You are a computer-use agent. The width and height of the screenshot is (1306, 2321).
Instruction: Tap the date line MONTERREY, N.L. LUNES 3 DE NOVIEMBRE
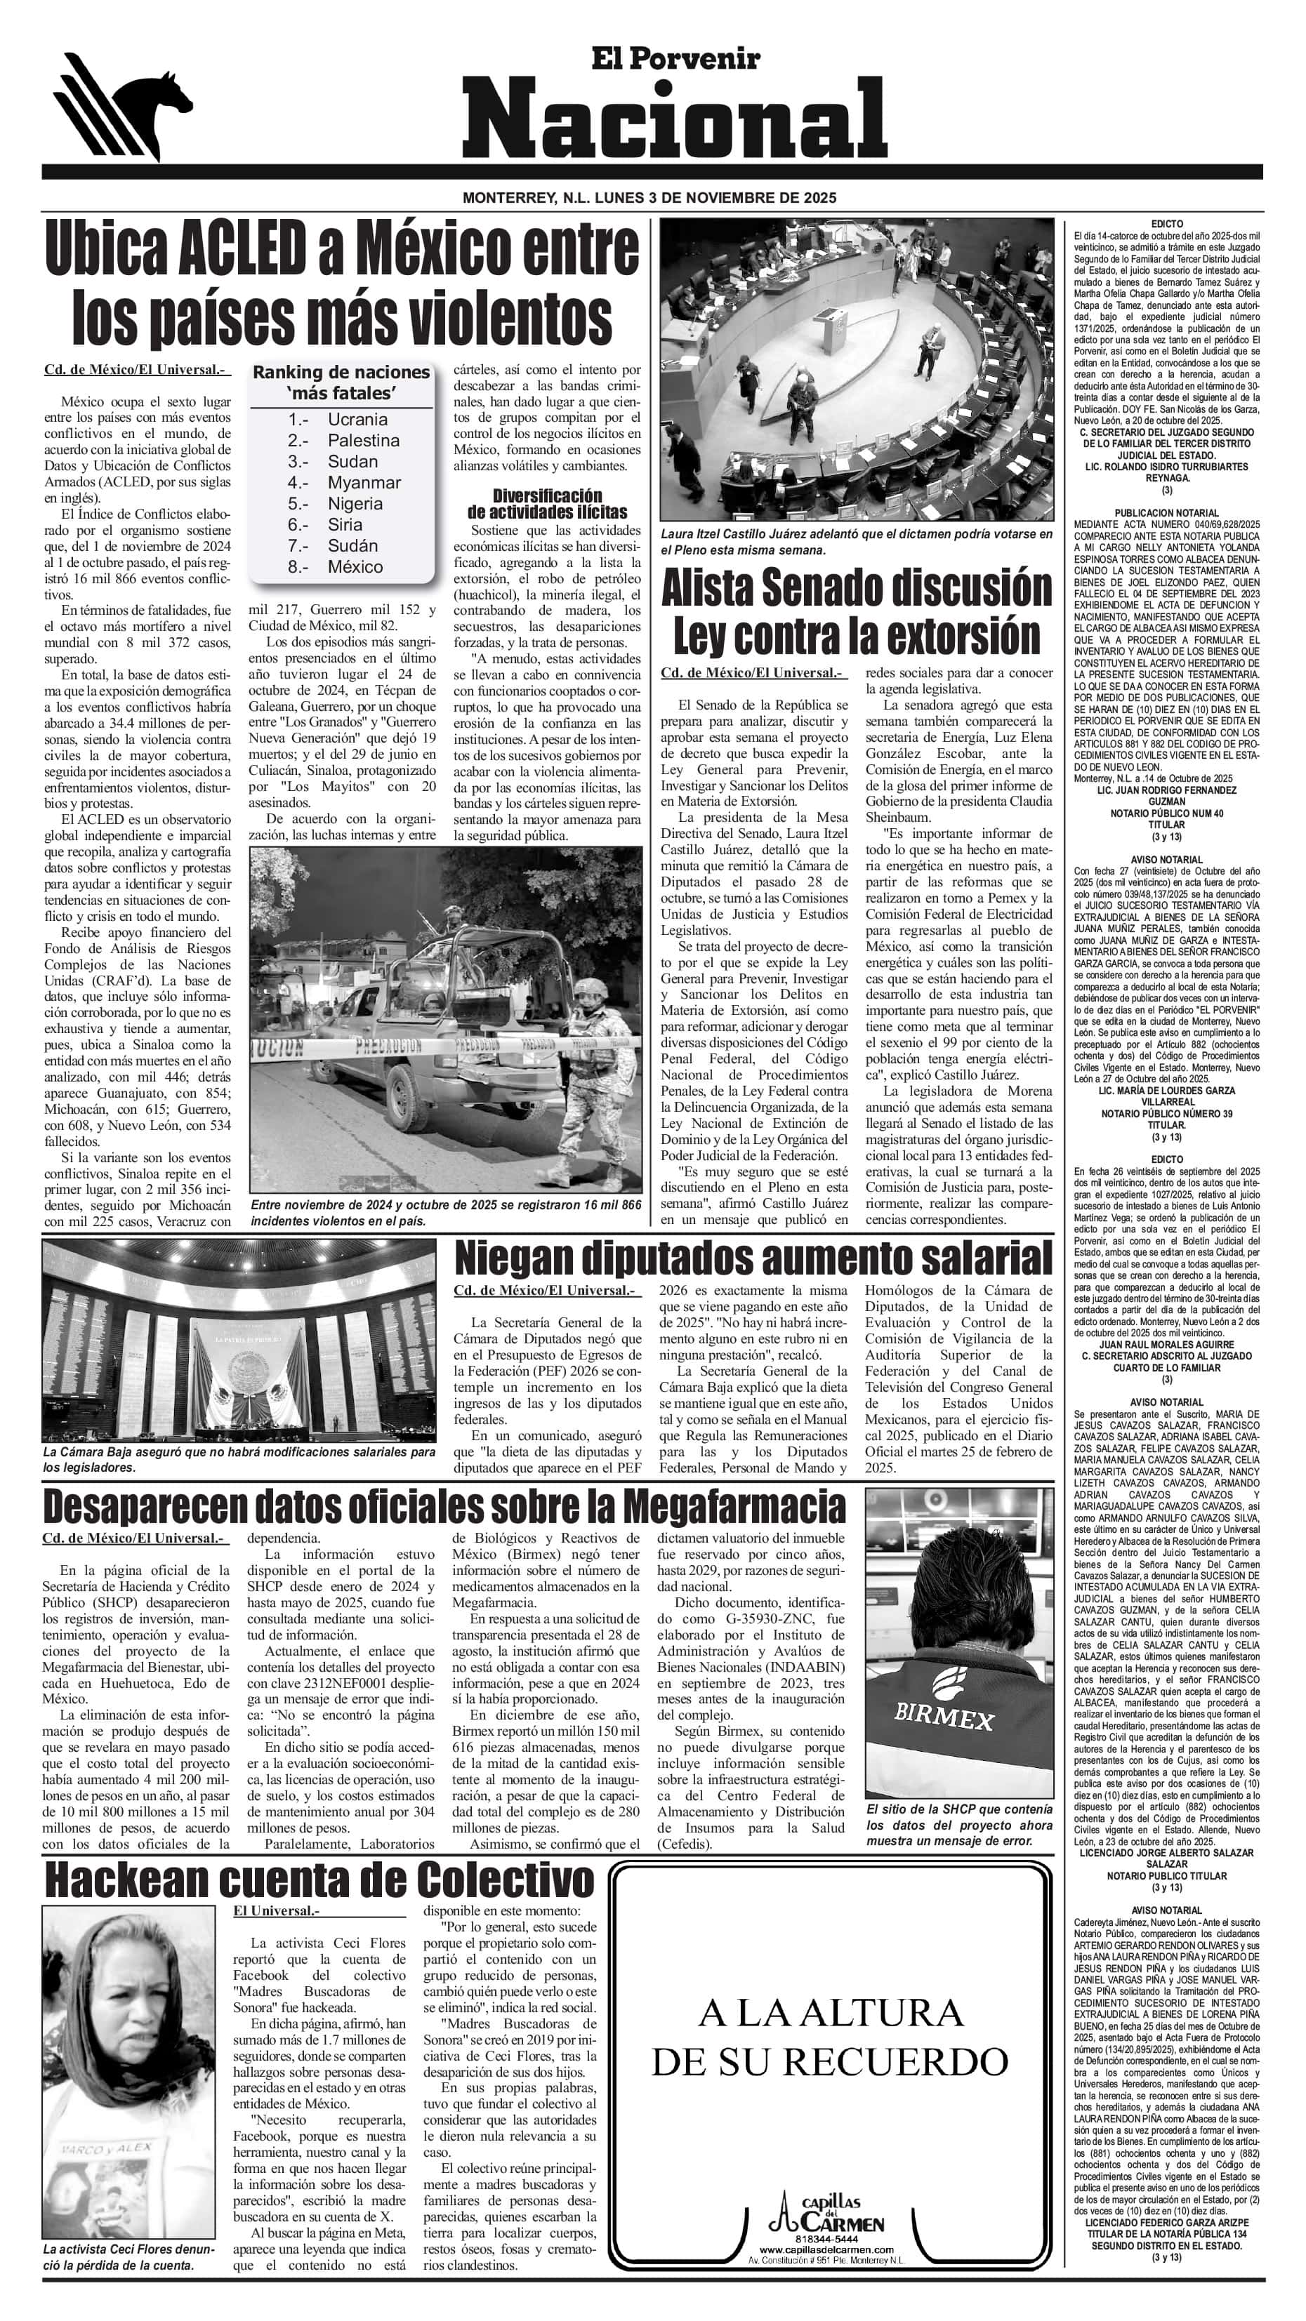click(649, 197)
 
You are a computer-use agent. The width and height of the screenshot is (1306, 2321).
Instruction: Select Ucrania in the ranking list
click(357, 420)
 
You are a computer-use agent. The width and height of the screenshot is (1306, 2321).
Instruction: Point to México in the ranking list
click(355, 566)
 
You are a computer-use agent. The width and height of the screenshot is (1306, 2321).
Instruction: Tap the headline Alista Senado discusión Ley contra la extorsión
click(856, 613)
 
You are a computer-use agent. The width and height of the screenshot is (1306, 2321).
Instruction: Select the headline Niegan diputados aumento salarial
click(753, 1258)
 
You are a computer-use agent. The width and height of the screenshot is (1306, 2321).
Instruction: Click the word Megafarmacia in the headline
click(734, 1505)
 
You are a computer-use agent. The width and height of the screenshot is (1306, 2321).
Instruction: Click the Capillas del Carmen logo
click(829, 2212)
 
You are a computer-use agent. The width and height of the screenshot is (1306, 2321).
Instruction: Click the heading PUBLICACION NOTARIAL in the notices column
click(1166, 512)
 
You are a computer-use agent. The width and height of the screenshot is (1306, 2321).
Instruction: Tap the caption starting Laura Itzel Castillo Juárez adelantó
click(856, 542)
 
